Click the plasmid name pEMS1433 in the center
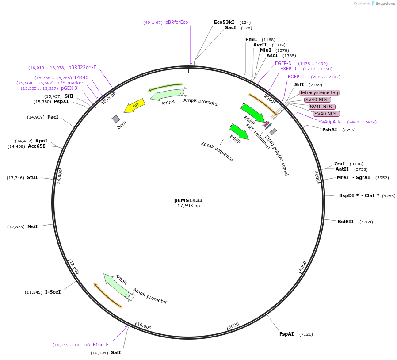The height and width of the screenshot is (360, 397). point(188,200)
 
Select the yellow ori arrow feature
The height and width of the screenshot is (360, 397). point(134,106)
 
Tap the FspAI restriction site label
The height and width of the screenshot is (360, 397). point(286,334)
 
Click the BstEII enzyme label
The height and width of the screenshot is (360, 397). point(345,222)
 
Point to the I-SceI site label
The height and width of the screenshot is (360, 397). point(53,292)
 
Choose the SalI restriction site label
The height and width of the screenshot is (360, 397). point(116,352)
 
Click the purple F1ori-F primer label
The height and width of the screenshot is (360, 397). point(100,345)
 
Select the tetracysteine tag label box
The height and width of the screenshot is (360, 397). point(319,92)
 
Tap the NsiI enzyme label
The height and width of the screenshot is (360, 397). point(32,226)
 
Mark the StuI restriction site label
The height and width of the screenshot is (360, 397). point(32,177)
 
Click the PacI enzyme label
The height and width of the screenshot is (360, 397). point(53,117)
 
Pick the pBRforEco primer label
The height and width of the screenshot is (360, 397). point(176,22)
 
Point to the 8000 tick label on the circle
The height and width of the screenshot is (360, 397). point(233,325)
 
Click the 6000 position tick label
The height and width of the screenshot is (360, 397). point(303,266)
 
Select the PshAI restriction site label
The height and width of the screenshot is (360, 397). point(330,130)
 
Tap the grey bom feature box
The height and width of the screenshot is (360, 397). point(116,119)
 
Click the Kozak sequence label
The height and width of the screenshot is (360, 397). point(217,151)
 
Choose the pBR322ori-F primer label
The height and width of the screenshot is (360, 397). point(82,67)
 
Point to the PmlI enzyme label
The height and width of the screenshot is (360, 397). point(251,39)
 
